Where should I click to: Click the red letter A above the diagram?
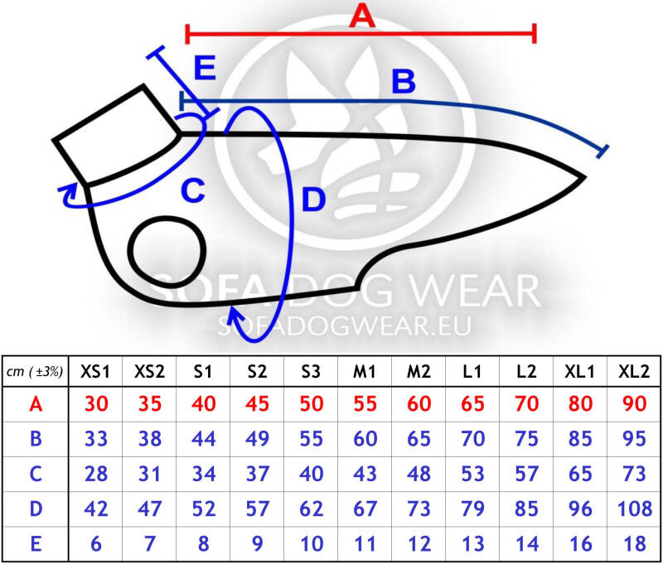coord(362,17)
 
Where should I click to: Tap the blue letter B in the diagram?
coord(404,81)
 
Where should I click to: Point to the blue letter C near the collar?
coord(193,190)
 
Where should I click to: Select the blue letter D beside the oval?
coord(313,200)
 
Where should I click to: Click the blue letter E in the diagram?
coord(205,68)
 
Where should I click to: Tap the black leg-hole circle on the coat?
coord(167,252)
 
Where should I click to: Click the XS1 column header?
coord(95,372)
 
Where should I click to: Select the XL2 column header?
coord(633,372)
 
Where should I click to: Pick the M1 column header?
coord(365,372)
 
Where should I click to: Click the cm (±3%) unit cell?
coord(35,372)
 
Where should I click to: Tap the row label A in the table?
coord(36,404)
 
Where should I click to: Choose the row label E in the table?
coord(36,544)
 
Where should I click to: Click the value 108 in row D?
coord(634,509)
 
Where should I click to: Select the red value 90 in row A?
coord(634,404)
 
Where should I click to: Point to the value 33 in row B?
coord(96,439)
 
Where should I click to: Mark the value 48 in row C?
coord(419,474)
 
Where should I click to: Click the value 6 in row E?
coord(96,544)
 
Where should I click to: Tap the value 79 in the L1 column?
coord(472,509)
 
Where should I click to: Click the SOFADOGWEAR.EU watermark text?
coord(345,326)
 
